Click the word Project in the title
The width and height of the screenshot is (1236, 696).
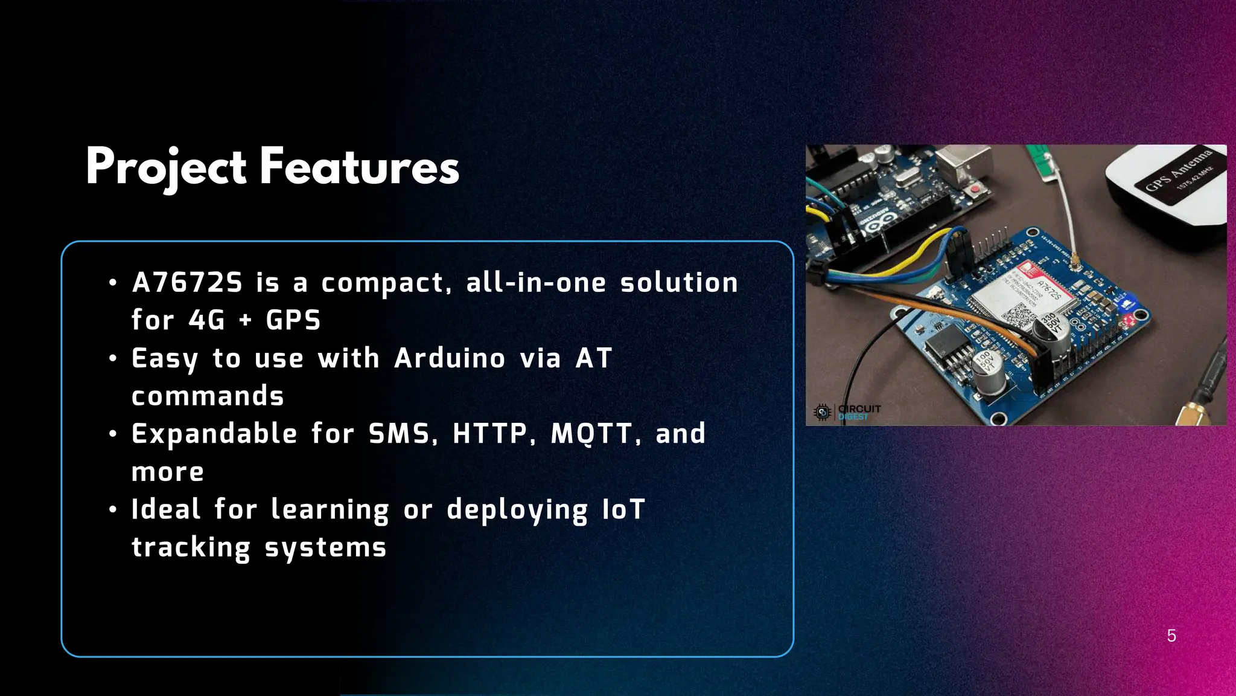(x=166, y=167)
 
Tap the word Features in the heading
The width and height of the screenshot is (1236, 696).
(x=360, y=167)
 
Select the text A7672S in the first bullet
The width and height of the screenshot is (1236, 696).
(x=187, y=283)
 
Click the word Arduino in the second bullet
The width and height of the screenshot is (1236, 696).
(x=450, y=358)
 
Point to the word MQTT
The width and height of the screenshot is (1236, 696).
(x=591, y=434)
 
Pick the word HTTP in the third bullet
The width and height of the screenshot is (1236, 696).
(x=490, y=434)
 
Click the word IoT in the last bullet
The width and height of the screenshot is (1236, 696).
(x=623, y=509)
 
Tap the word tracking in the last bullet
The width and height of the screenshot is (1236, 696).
(x=191, y=547)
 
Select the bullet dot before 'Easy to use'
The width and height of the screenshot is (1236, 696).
(x=113, y=359)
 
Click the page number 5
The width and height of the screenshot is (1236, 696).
(x=1171, y=636)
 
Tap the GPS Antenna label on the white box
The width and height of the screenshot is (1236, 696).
(x=1179, y=171)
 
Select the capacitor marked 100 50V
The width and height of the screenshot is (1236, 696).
(x=987, y=369)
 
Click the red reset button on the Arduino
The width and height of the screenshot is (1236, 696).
(x=974, y=190)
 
